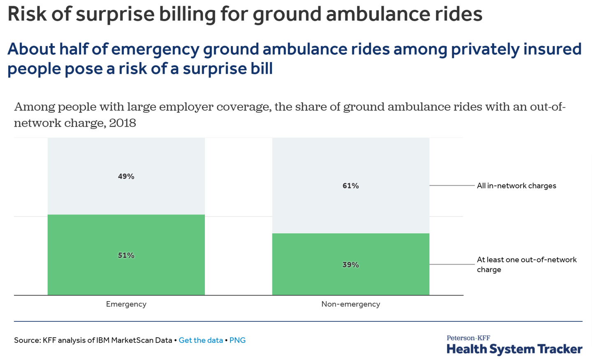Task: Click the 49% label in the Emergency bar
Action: [126, 176]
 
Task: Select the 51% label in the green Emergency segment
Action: [126, 255]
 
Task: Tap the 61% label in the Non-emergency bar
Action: [351, 186]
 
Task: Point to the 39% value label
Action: [351, 265]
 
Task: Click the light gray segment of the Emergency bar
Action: [126, 156]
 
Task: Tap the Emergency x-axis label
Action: [126, 304]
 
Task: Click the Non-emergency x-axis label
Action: [351, 304]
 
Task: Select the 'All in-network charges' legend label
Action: [516, 186]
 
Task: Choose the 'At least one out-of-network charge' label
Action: [526, 264]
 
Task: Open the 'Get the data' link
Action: [201, 340]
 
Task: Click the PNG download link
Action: [237, 340]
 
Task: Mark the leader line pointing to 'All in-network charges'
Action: [452, 186]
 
